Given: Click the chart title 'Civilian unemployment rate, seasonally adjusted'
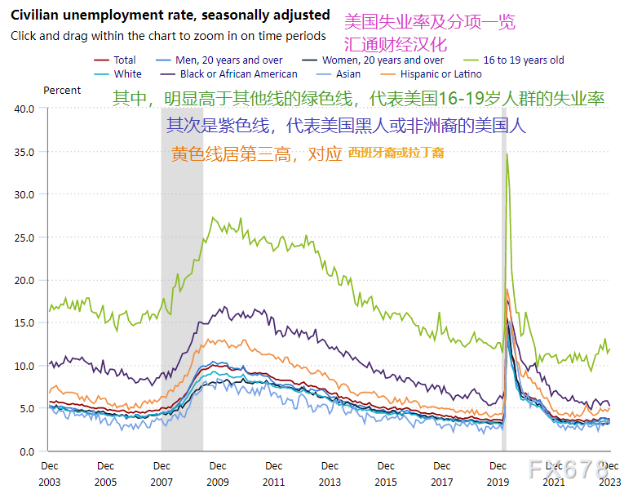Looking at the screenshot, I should click(x=170, y=16).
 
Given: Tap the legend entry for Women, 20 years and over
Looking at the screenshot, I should click(x=383, y=60).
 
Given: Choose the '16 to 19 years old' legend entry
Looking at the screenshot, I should click(x=523, y=60).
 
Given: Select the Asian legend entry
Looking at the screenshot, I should click(x=347, y=73).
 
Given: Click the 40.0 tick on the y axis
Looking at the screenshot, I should click(x=24, y=109).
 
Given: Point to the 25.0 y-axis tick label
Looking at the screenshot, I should click(x=24, y=238).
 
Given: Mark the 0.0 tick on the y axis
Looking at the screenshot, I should click(x=28, y=451).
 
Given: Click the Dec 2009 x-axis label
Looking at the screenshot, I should click(x=217, y=474).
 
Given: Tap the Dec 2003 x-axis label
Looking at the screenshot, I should click(x=49, y=474).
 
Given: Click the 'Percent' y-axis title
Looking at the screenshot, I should click(x=62, y=91).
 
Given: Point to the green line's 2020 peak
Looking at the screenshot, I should click(x=507, y=154).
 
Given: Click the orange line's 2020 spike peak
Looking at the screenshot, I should click(x=507, y=289).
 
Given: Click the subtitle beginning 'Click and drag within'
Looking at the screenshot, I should click(x=168, y=36).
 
